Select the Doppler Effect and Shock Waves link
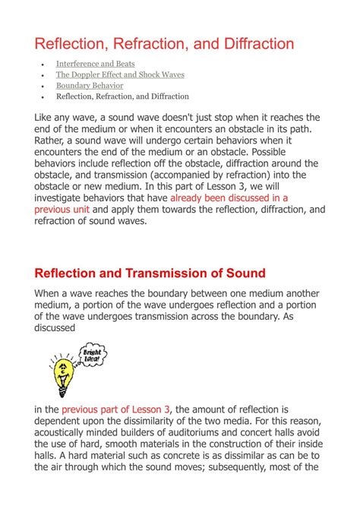120,75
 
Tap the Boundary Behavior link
90,86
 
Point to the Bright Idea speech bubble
93,353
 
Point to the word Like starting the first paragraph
47,119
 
